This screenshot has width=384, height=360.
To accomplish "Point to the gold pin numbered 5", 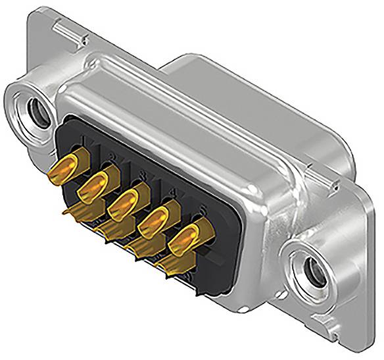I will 186,238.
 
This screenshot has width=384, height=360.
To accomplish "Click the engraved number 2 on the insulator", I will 112,156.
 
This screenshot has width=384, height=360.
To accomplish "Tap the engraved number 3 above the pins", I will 142,174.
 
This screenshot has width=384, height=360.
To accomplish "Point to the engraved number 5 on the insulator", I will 203,211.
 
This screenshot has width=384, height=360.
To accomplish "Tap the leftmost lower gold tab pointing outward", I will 69,212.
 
